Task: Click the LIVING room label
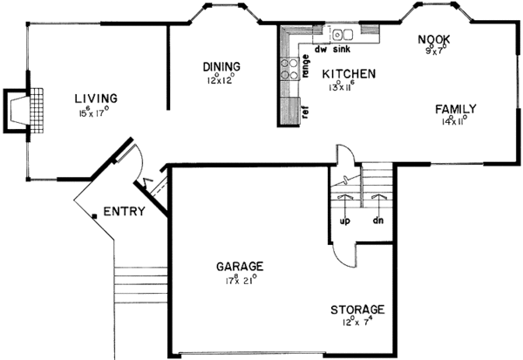pos(95,98)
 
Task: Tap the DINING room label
pos(221,66)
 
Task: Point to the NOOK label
pos(433,39)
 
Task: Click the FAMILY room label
pos(456,109)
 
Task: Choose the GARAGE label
pos(240,266)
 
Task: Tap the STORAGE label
pos(357,309)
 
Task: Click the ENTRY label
pos(124,212)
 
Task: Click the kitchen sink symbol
pos(342,35)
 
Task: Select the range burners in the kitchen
pos(288,69)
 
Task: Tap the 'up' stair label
pos(344,221)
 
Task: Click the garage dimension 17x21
pos(240,280)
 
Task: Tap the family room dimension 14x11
pos(456,122)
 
